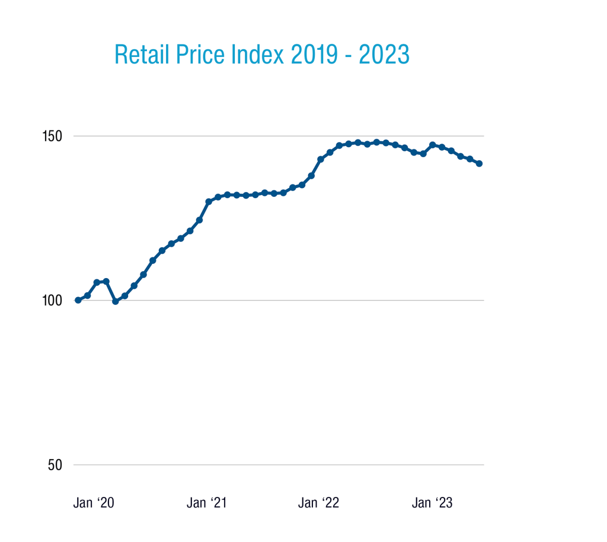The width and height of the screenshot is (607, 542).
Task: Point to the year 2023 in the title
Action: (x=384, y=55)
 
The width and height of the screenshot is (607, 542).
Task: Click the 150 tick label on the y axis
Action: (x=52, y=136)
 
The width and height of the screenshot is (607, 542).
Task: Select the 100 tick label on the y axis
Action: (x=52, y=301)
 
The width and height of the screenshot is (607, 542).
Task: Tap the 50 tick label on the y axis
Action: (x=56, y=465)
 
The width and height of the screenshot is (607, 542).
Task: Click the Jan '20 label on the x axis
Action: (x=94, y=503)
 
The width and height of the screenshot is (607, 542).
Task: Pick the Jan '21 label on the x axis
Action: (x=207, y=503)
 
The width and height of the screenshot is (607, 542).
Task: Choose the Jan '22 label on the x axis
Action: (x=319, y=503)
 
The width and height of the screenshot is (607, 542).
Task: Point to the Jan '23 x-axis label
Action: (x=432, y=503)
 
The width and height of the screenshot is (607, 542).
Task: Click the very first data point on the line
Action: (x=78, y=300)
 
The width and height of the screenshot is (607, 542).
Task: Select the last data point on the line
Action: (x=480, y=164)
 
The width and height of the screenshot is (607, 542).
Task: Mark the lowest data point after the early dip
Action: (x=115, y=301)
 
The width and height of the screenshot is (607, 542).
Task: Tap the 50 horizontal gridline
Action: (x=279, y=465)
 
